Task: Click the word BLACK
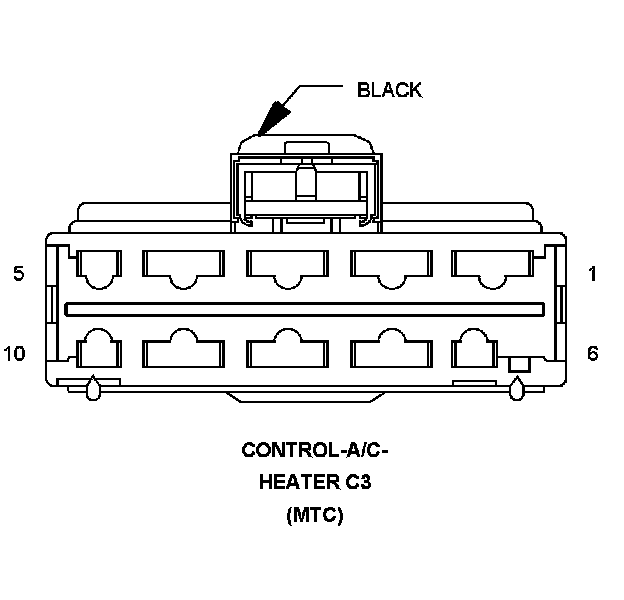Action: pos(389,90)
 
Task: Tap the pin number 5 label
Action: pos(19,274)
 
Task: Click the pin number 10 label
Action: pos(14,354)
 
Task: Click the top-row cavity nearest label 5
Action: pos(98,266)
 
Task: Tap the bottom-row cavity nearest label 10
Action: pos(98,352)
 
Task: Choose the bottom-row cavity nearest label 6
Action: pos(476,352)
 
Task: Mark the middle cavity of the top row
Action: pos(287,266)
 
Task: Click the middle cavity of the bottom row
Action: pos(287,352)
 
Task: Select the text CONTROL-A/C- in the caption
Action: pos(315,449)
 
